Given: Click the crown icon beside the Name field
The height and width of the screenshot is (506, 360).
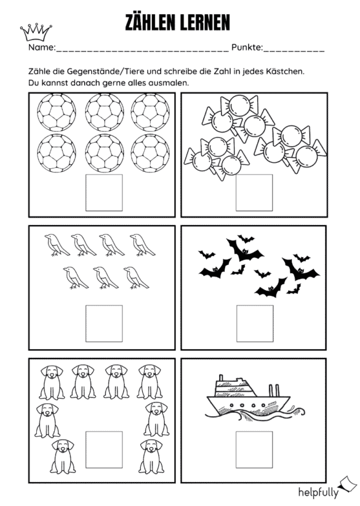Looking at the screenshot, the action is [36, 33].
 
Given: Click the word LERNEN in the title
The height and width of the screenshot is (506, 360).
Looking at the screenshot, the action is [205, 23].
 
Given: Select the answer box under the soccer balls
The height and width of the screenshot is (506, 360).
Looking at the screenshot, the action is [104, 192].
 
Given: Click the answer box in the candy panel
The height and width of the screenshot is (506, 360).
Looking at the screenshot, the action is [254, 192].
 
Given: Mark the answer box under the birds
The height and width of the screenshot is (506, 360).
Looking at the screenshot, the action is [104, 323].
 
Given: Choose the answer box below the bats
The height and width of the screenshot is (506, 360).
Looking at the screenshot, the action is [255, 323].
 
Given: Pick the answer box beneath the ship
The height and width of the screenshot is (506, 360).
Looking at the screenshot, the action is [254, 449].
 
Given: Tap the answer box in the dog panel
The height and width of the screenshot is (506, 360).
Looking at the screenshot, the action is [104, 449].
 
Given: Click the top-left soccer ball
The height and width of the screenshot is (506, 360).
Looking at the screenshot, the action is [57, 113].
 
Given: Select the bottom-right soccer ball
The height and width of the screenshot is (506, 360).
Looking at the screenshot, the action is [150, 153].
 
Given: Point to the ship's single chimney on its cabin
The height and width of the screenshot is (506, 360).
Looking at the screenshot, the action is [221, 378].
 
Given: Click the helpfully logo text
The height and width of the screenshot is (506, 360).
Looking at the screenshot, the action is [318, 492].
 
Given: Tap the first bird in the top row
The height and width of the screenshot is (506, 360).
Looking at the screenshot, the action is [57, 245].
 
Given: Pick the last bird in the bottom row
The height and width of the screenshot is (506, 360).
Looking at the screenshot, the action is [136, 277].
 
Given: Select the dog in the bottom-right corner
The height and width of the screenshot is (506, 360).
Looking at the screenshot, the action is [151, 456].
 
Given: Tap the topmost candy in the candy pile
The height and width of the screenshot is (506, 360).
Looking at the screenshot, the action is [239, 104].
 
